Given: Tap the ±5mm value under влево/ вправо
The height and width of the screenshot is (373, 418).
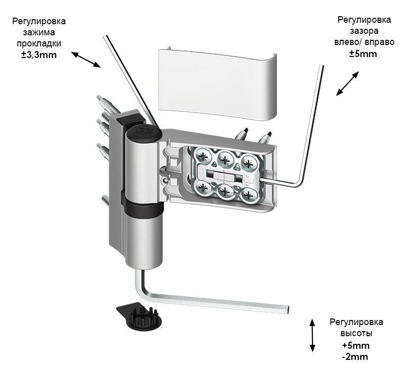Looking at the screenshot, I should click(363, 54).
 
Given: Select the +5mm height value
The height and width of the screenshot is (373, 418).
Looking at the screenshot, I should click(356, 346).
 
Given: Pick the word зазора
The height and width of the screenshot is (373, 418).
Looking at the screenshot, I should click(363, 31).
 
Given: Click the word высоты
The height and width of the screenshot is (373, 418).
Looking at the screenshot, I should click(356, 333).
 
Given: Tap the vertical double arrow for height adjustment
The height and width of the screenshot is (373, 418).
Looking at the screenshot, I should click(313, 335).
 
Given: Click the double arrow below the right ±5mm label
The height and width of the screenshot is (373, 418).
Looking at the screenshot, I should click(348, 83).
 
